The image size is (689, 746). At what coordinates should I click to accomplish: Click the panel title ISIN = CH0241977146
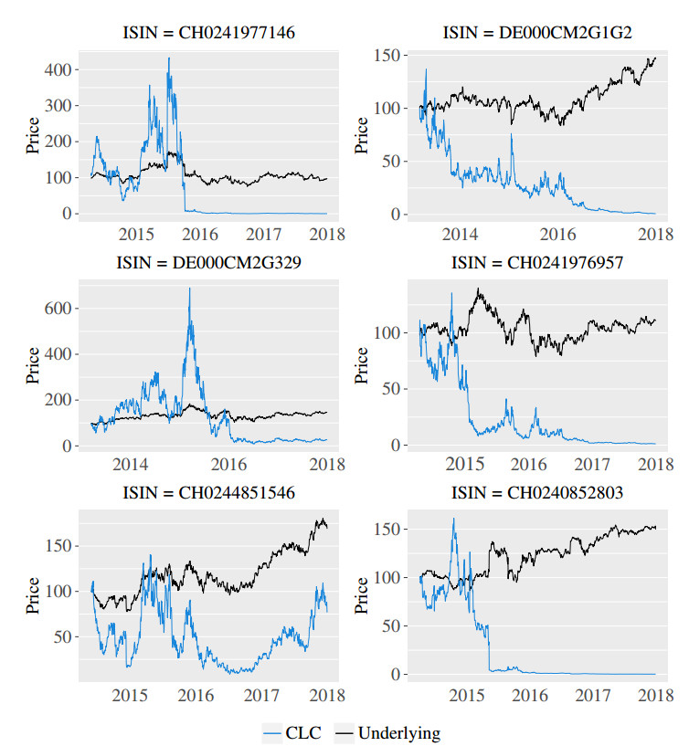pos(209,34)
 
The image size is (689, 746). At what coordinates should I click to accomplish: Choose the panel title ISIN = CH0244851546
pos(209,494)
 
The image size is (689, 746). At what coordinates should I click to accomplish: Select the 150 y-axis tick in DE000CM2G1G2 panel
pos(392,57)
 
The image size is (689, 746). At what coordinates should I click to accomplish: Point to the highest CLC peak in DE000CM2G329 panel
pos(189,289)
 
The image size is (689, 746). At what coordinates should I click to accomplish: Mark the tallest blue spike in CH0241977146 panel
pos(168,58)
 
